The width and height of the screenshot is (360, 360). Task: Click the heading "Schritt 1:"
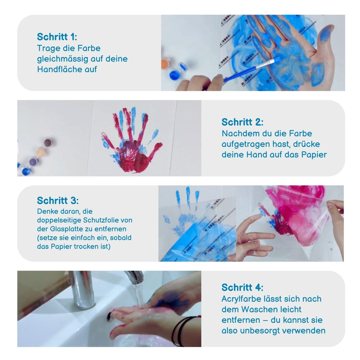click(57, 37)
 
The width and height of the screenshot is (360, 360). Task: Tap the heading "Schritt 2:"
click(242, 122)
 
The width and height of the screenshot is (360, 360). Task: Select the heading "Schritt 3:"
click(58, 201)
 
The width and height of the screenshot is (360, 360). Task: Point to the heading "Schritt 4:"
click(242, 287)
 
